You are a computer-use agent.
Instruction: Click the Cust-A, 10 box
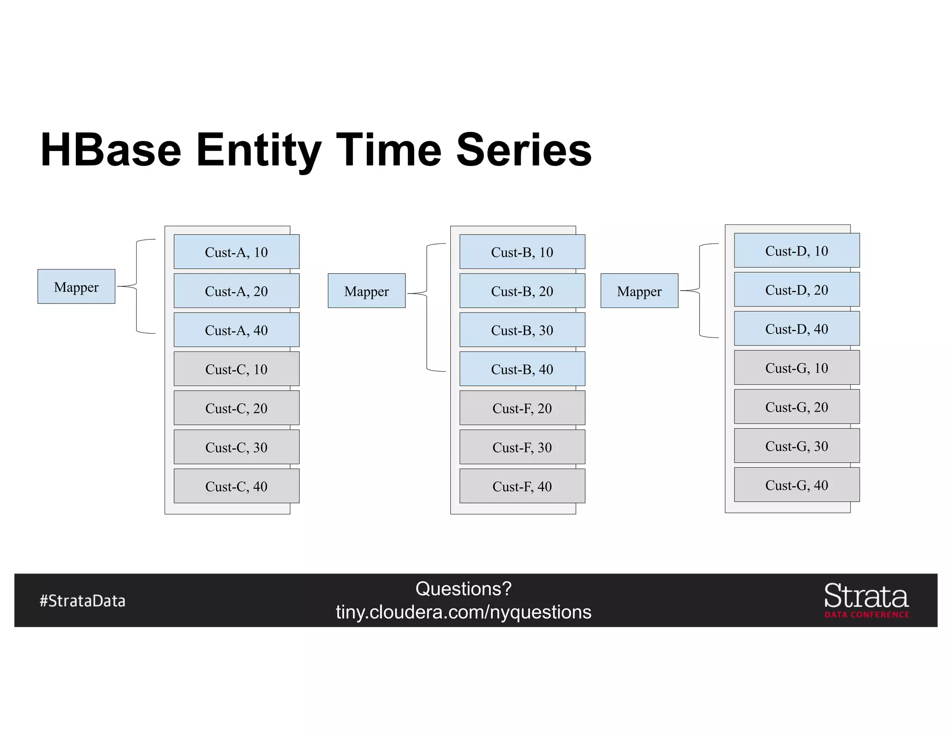pos(236,252)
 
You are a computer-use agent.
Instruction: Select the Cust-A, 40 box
pos(236,330)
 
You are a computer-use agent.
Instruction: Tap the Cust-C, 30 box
pos(236,447)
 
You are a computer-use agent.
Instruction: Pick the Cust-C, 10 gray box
pos(236,369)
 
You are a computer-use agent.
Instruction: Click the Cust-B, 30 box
pos(522,330)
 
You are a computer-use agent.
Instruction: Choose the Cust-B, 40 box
pos(522,369)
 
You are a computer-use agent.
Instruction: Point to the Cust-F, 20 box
pos(522,408)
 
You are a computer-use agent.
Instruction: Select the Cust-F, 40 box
pos(522,486)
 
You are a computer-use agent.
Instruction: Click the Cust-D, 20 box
pos(796,289)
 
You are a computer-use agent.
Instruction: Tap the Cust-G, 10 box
pos(796,367)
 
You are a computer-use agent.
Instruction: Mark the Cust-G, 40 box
pos(796,485)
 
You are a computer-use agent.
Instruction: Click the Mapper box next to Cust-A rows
pos(76,287)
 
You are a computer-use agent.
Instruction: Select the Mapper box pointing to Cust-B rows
pos(366,291)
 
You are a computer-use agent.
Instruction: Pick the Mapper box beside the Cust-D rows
pos(639,291)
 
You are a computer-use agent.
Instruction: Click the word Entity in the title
pos(258,151)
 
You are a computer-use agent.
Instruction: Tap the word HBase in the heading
pos(111,151)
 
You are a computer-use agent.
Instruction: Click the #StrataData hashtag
pos(82,601)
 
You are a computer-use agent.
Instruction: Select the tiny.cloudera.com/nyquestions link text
pos(463,612)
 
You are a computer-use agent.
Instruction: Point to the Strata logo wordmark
pos(866,597)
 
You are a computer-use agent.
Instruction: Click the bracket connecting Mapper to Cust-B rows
pos(427,307)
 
